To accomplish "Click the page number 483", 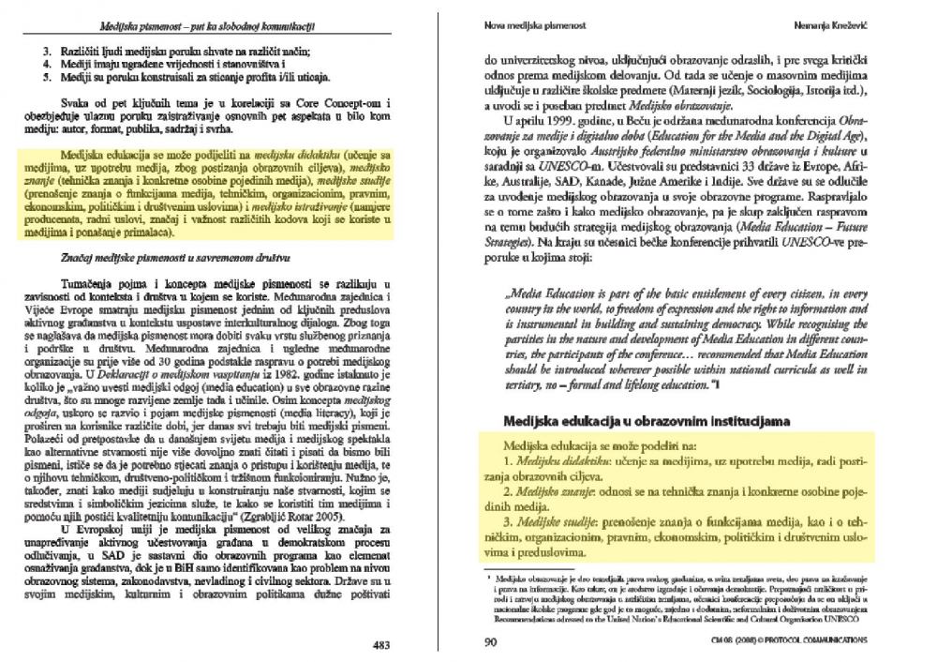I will pyautogui.click(x=382, y=644).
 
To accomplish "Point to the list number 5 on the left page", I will pyautogui.click(x=46, y=78).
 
